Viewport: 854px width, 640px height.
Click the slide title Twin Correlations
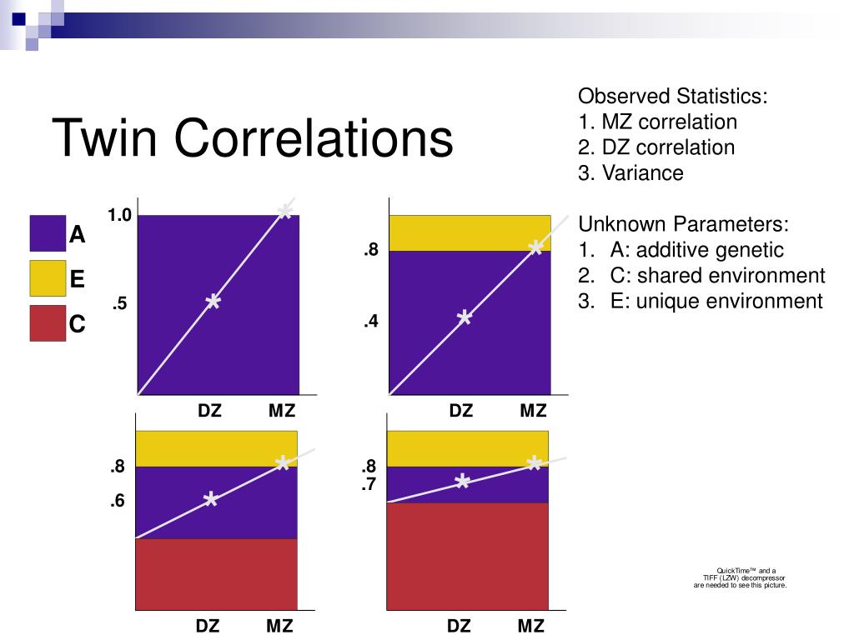point(253,138)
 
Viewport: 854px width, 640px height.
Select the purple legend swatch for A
point(48,234)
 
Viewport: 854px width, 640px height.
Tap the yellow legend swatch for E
point(48,278)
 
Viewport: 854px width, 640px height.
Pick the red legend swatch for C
point(48,323)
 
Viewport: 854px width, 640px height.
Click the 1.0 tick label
point(119,216)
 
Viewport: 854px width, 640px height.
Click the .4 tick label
point(371,321)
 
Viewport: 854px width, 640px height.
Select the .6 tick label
point(117,502)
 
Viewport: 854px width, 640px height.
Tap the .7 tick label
point(369,483)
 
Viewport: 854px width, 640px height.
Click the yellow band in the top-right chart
point(470,233)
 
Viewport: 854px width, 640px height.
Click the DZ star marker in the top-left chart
point(213,302)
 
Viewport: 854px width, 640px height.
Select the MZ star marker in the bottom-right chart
point(534,464)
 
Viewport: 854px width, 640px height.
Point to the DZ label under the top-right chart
point(461,411)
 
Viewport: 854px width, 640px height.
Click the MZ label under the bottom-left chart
point(280,626)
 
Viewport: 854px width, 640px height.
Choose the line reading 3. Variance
point(630,173)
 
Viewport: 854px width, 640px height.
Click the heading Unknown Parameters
point(683,224)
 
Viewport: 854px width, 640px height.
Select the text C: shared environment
point(717,276)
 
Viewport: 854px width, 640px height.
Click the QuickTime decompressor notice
point(740,577)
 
